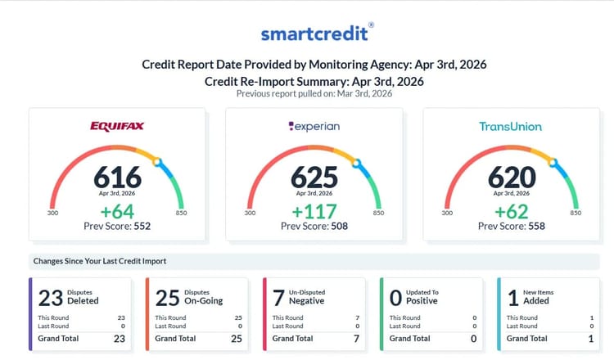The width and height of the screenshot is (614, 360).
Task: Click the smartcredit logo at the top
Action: (317, 33)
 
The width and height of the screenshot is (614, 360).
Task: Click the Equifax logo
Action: (117, 126)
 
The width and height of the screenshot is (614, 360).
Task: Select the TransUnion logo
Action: (511, 126)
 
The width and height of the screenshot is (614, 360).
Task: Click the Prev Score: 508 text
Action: (314, 226)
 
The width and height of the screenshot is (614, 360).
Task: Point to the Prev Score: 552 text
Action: (117, 226)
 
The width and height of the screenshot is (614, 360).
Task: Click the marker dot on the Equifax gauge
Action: (157, 163)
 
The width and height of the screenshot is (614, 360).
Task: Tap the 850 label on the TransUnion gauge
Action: (576, 214)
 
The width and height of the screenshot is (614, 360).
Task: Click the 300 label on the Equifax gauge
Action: (53, 214)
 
